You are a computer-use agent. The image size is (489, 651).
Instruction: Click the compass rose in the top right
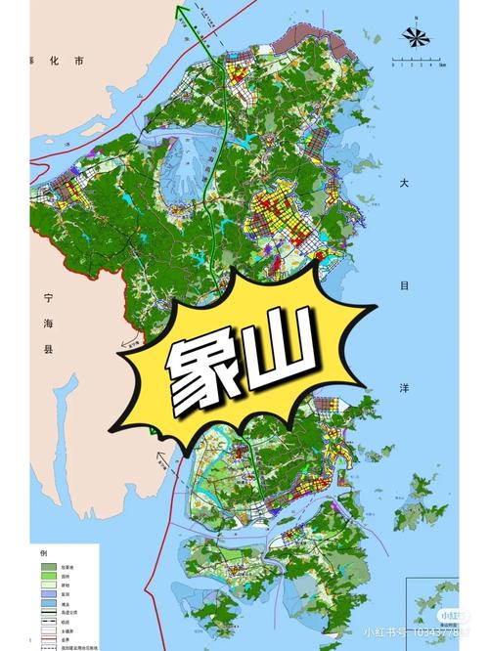(x=416, y=37)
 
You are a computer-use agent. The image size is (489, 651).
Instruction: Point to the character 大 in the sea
(x=403, y=183)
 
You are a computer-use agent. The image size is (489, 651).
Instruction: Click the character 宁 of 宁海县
(x=48, y=296)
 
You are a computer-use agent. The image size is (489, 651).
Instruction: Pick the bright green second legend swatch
(x=46, y=578)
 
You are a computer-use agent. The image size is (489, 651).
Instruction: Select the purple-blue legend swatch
(x=46, y=597)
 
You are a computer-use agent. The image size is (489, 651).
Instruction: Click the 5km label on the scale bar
(x=441, y=69)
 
